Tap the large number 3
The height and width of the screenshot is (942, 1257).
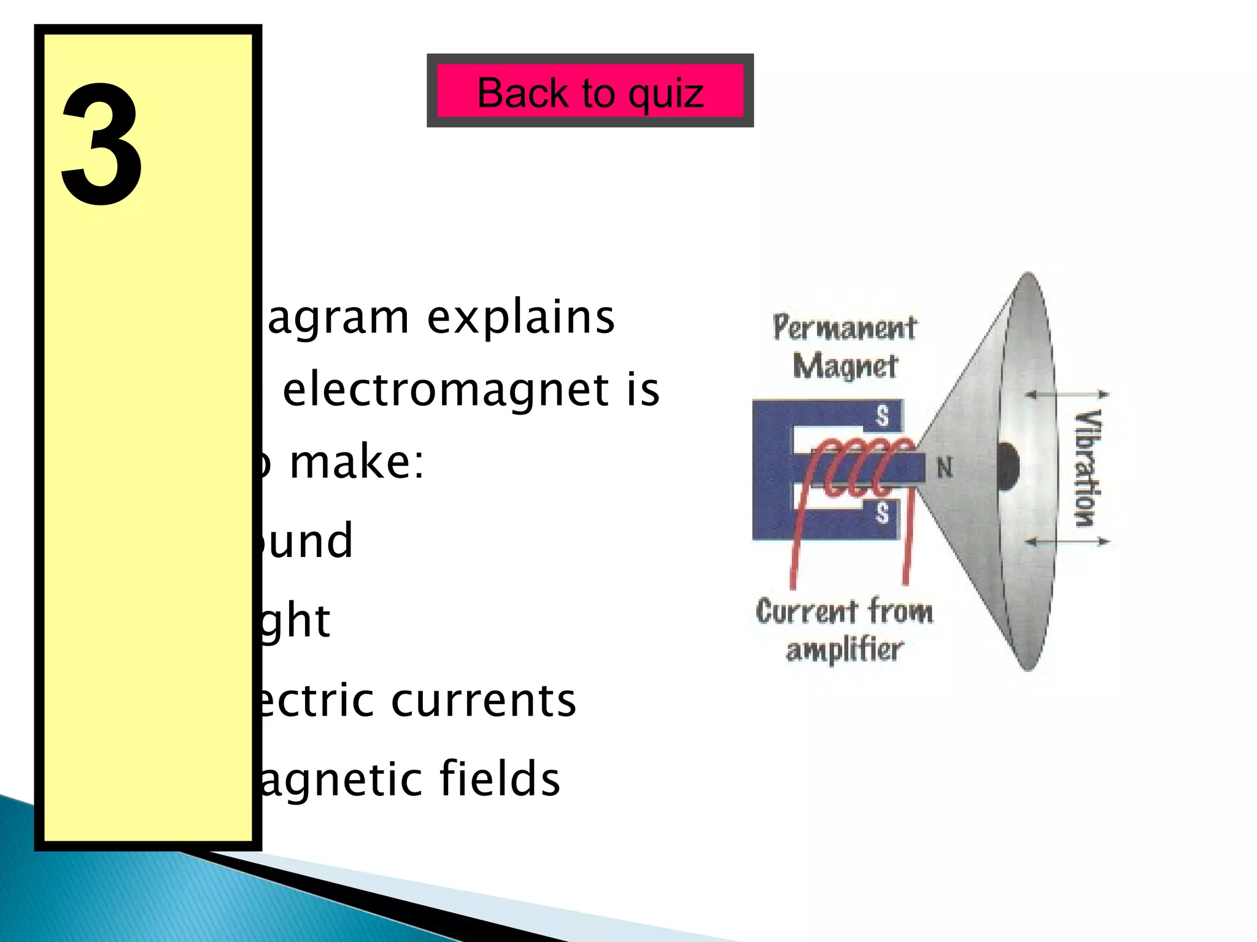point(102,145)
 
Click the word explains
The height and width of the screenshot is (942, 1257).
point(520,318)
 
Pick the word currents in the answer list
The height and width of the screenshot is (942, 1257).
point(484,700)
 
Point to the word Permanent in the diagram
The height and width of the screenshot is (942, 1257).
point(845,327)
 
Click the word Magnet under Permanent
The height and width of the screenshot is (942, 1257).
point(845,367)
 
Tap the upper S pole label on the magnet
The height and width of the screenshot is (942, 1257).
point(882,416)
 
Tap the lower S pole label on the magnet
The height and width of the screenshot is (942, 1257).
point(882,511)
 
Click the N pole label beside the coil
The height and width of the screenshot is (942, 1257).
point(945,469)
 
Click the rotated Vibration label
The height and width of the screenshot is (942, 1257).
point(1087,469)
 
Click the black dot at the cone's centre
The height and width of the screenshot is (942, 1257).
point(1007,467)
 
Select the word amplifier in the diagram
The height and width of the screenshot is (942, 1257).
point(845,650)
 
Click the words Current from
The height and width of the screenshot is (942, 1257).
point(845,611)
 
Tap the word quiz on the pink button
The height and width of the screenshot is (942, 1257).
point(666,94)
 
